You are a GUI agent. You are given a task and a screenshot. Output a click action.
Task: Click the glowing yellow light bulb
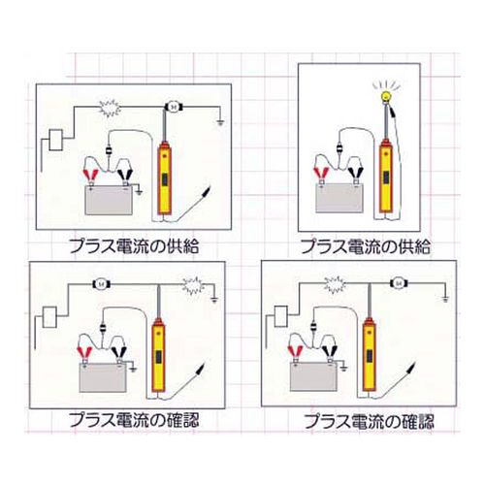[385, 96]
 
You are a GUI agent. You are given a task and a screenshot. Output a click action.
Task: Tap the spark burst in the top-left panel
[110, 108]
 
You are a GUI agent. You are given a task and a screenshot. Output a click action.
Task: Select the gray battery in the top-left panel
[109, 200]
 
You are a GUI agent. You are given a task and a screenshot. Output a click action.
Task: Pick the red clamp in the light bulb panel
[322, 175]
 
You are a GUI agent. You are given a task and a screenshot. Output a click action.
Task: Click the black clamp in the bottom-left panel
[119, 353]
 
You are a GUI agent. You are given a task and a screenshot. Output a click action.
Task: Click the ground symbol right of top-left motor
[221, 122]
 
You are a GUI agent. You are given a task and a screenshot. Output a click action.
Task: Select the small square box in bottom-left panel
[49, 317]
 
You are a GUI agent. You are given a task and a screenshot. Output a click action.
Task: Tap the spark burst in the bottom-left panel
[193, 286]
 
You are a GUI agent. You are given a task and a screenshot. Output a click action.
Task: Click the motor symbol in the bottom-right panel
[398, 284]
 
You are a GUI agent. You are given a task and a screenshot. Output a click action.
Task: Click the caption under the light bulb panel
[366, 246]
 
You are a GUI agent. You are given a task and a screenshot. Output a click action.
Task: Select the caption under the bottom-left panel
[134, 420]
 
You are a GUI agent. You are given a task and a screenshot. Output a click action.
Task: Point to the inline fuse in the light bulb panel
[339, 149]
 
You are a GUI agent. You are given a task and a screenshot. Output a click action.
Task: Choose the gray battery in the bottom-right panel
[314, 376]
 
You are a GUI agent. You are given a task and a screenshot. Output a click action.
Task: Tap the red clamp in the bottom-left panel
[84, 353]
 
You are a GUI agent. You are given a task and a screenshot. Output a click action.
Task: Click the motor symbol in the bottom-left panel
[102, 284]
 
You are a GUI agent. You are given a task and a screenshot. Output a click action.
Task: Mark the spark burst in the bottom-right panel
[335, 285]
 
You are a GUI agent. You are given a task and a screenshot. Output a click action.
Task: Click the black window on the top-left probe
[164, 179]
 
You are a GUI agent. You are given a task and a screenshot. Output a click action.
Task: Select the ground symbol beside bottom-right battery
[344, 368]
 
